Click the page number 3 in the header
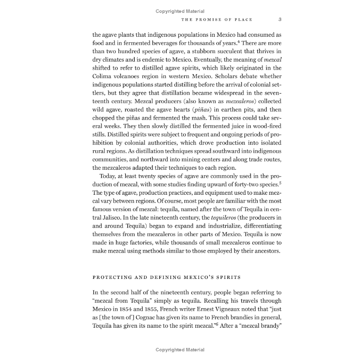280,19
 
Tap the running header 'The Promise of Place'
217,19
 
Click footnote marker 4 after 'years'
238,41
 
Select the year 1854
139,309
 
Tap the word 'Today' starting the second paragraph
107,176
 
